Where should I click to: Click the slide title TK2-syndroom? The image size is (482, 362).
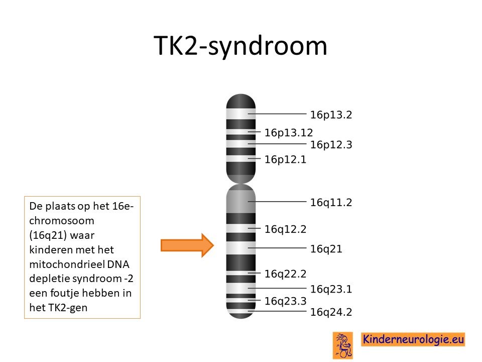coord(240,46)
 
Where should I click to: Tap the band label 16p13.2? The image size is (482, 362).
coord(331,115)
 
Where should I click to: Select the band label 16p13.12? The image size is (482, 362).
coord(289,133)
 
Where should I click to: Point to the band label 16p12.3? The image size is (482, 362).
coord(331,145)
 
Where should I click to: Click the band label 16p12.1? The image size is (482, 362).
coord(285,159)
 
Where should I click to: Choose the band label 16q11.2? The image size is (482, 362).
coord(331,203)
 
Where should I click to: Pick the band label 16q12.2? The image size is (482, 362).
coord(285,229)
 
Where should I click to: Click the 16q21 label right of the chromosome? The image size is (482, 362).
coord(326,249)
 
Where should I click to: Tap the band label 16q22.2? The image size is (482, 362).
coord(285,274)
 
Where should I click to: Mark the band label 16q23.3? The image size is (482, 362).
coord(285,301)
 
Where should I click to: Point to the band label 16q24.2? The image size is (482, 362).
coord(331,312)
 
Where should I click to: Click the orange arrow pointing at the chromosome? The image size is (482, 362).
coord(187,245)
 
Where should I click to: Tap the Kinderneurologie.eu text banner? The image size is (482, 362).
coord(413,339)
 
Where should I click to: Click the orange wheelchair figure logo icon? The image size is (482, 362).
coord(343,345)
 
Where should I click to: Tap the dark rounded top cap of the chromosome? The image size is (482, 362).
coord(240,101)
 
